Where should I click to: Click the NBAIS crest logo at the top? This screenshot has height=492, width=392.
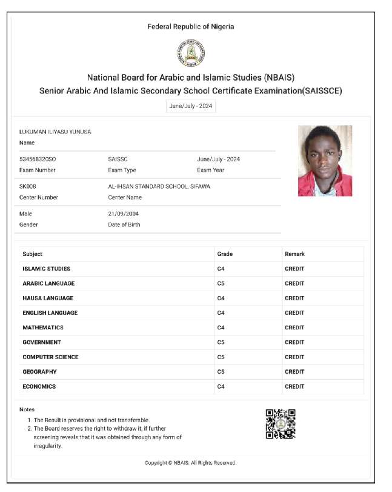pos(190,54)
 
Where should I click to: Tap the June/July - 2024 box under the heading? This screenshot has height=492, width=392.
pos(191,106)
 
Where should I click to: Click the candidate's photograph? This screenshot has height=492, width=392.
pos(325,161)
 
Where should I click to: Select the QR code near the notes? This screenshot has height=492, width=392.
pos(281,423)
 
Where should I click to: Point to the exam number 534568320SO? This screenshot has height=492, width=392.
pos(38,159)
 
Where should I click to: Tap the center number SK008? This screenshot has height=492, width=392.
pos(28,186)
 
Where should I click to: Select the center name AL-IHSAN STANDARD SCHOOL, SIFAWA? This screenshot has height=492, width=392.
pos(159,186)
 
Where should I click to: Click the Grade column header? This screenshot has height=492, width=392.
pos(224,254)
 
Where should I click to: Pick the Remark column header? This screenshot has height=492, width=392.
pos(294,254)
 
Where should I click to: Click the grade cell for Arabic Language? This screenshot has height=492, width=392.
pos(221,283)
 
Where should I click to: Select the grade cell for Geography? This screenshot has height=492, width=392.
pos(221,371)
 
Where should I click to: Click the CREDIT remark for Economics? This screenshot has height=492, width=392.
pos(294,386)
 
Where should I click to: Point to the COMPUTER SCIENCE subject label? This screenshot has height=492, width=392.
pos(50,357)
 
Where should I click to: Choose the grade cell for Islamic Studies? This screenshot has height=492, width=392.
pos(221,269)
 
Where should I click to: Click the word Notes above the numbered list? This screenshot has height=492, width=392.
pos(27,409)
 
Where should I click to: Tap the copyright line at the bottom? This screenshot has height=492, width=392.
pos(190,463)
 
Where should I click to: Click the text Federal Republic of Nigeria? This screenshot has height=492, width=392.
pos(190,27)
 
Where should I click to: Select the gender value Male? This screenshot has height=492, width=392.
pos(25,214)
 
